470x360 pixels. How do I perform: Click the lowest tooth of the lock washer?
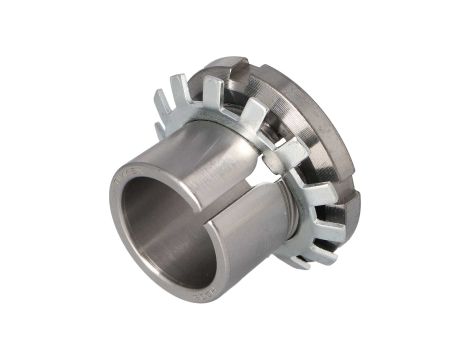click(x=297, y=262)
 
